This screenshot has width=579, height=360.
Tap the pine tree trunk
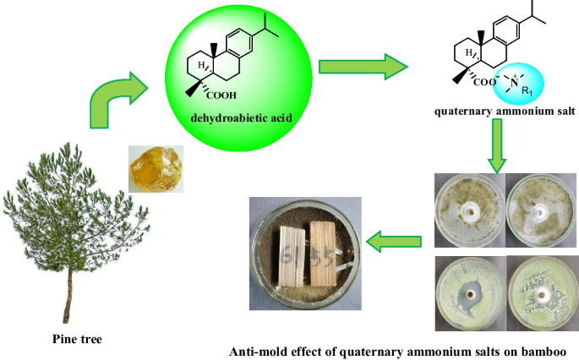65,286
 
